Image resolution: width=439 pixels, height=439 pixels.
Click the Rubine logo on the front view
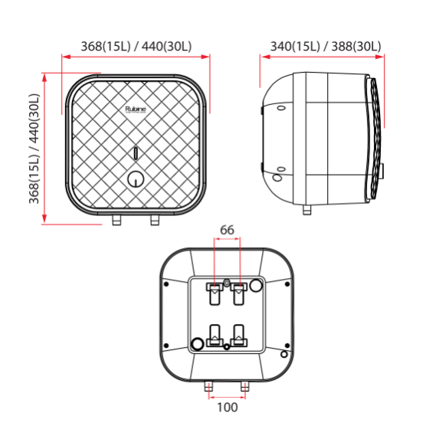136,110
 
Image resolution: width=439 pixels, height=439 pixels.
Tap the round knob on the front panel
136,179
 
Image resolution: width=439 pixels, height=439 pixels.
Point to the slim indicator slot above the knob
136,153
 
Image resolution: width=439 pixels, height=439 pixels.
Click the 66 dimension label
227,230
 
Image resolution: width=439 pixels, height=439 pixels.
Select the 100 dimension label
228,408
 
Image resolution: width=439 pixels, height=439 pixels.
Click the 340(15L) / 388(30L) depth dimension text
326,47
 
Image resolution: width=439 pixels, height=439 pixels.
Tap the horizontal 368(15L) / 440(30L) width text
136,47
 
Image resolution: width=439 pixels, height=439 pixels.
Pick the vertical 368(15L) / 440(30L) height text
34,149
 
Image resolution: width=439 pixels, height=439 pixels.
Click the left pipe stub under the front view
116,220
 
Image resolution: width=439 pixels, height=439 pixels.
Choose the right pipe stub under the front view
155,220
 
